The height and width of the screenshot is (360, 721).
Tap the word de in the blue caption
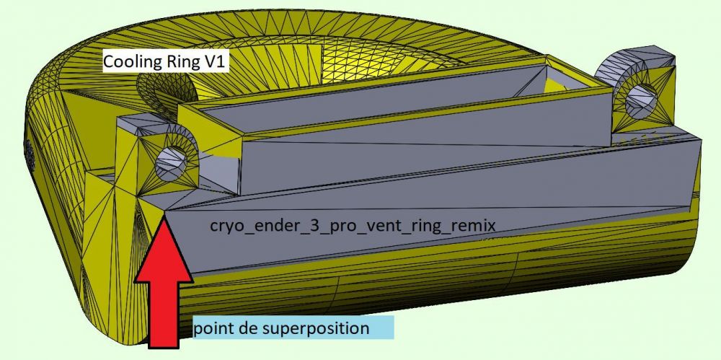coord(249,329)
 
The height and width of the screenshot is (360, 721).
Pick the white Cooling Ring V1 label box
coord(165,63)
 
